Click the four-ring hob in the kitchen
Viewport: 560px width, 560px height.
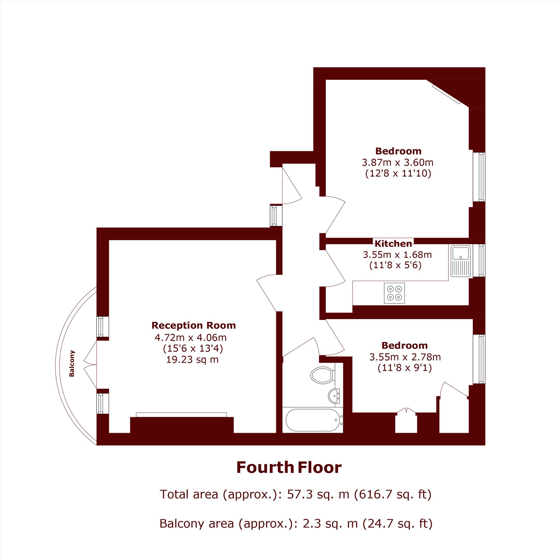395,293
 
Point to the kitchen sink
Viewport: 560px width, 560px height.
461,261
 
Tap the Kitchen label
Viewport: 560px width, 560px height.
393,244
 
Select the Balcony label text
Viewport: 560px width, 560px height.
72,363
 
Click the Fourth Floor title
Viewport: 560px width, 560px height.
289,468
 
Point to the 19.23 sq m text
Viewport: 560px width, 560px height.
192,360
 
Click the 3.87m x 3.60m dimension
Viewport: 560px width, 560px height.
398,162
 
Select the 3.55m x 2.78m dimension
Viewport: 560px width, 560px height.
405,357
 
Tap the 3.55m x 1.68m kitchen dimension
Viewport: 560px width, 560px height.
397,255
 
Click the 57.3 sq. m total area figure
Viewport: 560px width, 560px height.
318,494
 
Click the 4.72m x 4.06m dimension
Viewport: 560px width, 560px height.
191,337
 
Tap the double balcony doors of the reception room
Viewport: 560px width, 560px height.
90,365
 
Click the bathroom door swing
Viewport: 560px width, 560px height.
302,347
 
